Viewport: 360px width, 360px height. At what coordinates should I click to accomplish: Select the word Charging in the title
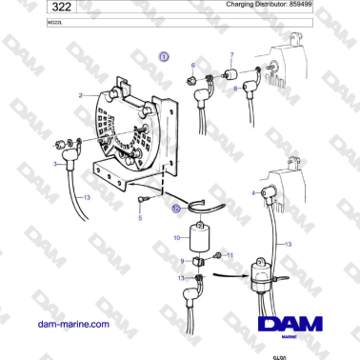(x=246, y=5)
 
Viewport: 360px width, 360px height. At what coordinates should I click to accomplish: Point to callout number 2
(x=82, y=94)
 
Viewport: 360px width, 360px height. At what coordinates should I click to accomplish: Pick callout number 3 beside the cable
(x=56, y=165)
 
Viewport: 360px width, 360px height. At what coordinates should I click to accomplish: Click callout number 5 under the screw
(x=140, y=218)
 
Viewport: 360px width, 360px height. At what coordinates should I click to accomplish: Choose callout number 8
(x=235, y=88)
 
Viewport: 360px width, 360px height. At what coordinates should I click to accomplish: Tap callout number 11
(x=230, y=254)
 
